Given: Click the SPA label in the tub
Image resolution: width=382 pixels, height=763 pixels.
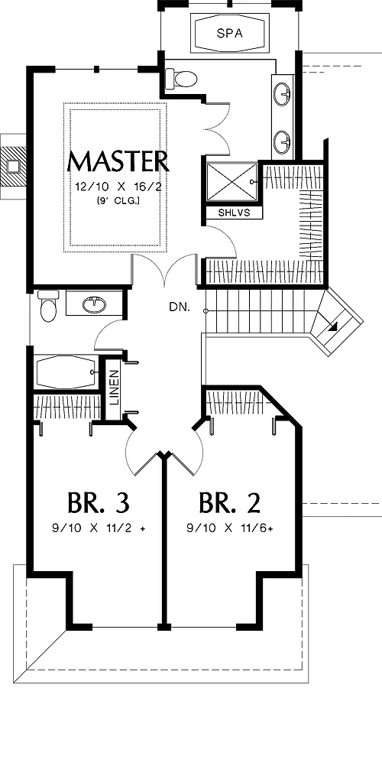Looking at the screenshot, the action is [229, 34].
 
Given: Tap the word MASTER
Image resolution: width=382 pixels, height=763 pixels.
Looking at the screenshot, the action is [118, 161].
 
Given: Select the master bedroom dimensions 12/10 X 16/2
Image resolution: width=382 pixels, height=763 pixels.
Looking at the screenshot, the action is [118, 186].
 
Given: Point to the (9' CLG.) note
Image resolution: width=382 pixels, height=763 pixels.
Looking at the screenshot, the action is [118, 200].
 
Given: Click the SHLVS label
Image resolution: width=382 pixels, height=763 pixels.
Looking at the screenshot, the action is [235, 213].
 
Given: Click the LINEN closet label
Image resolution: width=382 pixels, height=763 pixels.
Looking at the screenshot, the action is [114, 388].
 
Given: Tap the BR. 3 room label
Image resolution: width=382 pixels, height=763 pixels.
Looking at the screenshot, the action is [99, 503].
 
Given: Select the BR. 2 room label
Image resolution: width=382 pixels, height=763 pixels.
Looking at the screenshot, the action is [230, 503].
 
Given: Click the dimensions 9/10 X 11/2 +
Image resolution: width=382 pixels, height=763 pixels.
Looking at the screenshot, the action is [99, 528].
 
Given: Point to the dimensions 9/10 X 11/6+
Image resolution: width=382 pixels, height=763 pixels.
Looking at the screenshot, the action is [229, 528].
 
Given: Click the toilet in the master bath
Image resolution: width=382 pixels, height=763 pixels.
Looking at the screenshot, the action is [181, 78].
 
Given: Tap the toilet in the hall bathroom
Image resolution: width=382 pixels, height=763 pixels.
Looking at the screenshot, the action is [48, 306].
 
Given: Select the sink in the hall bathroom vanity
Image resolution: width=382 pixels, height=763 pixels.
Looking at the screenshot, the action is [94, 304].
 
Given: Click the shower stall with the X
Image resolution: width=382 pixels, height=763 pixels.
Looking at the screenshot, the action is [231, 181].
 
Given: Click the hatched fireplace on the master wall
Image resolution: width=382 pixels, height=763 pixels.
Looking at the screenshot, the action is [14, 166].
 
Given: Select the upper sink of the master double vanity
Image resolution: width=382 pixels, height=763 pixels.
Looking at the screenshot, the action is [283, 94].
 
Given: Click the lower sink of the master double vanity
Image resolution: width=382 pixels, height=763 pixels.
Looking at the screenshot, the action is [283, 142].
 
